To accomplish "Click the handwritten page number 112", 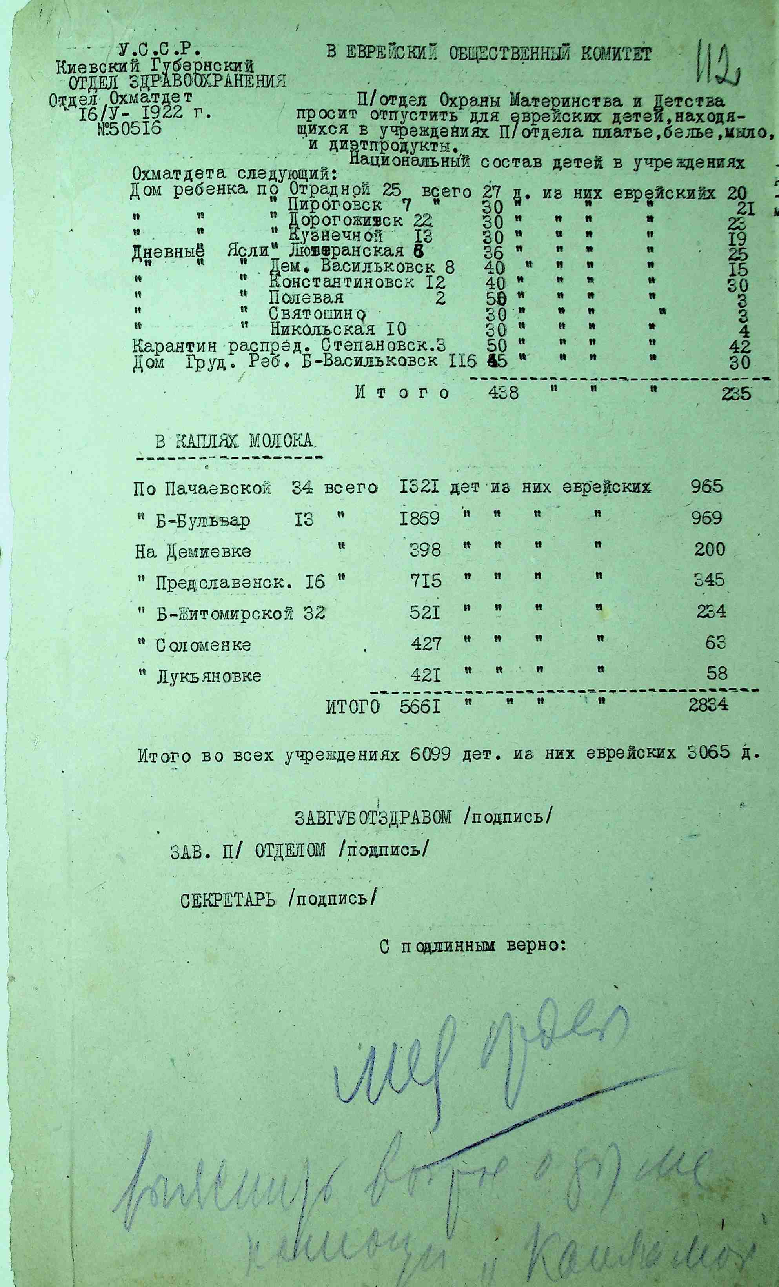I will click(x=718, y=66).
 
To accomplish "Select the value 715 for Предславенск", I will click(x=426, y=581).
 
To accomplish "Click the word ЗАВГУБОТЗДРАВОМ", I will click(x=373, y=817).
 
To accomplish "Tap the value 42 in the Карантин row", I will click(x=740, y=346).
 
